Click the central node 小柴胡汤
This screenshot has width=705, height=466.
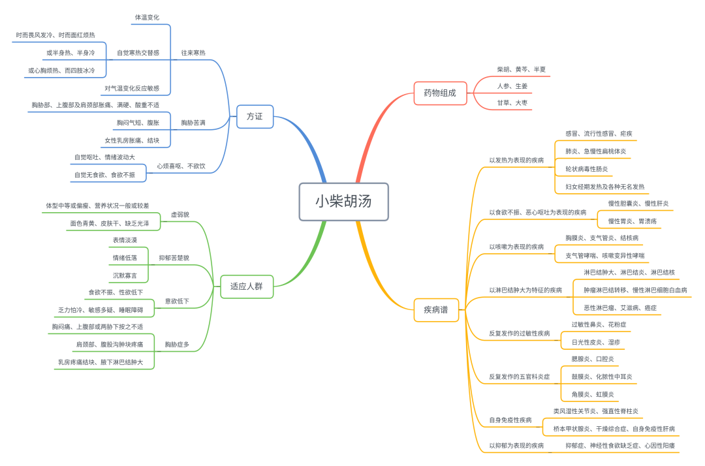[x=343, y=201]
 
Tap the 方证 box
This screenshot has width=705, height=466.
[x=255, y=116]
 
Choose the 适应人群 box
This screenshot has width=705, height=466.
[x=247, y=286]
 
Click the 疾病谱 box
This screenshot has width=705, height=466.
[x=436, y=309]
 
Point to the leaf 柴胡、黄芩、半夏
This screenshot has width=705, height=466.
[x=522, y=69]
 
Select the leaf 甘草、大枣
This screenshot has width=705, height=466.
[x=512, y=102]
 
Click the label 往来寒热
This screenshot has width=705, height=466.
[x=193, y=53]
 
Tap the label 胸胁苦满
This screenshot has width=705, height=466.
[x=193, y=122]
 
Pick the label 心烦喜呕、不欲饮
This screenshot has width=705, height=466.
[x=181, y=166]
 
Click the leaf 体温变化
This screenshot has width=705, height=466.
[x=147, y=17]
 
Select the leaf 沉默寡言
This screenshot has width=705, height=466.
[x=125, y=275]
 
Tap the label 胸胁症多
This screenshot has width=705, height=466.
[x=177, y=344]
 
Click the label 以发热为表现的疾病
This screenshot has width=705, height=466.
[x=516, y=160]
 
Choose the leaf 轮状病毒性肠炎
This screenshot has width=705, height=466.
[x=586, y=168]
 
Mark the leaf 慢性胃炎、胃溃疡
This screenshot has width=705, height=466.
[x=633, y=221]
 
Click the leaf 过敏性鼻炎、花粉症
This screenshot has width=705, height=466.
[x=599, y=324]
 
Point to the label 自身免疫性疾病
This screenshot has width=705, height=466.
[x=510, y=420]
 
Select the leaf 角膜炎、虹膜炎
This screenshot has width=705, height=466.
[x=593, y=394]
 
